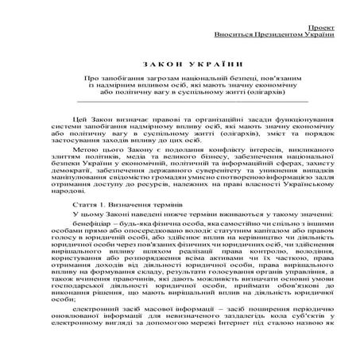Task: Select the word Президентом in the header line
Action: click(x=273, y=35)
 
